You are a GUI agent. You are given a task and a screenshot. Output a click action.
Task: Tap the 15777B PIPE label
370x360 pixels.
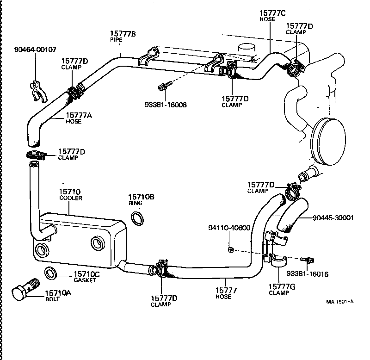[x=123, y=36]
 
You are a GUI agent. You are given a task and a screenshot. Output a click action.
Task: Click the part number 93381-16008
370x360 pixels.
[x=166, y=105]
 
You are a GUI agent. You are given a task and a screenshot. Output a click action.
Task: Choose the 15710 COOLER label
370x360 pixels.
[x=70, y=194]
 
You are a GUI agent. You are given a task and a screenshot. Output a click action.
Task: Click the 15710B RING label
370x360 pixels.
[x=141, y=200]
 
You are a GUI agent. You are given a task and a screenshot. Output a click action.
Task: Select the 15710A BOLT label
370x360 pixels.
[x=58, y=296]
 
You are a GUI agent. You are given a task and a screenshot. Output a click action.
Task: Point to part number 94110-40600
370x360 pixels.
[x=229, y=228]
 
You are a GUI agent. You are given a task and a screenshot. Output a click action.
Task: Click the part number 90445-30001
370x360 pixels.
[x=333, y=217]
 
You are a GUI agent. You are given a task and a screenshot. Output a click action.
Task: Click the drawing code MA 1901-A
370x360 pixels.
[x=340, y=302]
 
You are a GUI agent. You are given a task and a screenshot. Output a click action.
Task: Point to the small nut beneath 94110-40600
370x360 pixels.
[x=230, y=250]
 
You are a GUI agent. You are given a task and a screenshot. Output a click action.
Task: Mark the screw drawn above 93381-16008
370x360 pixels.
[x=165, y=86]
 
